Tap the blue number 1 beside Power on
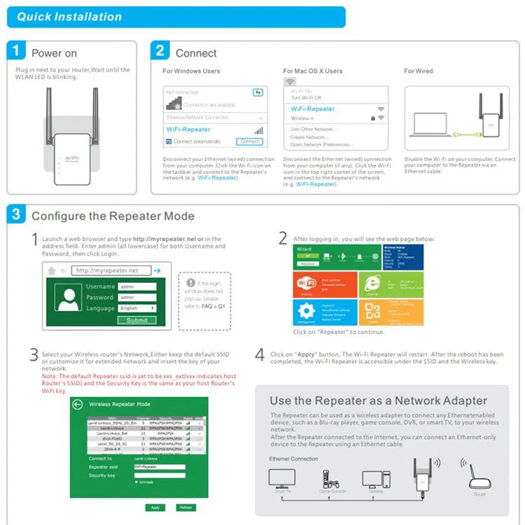point(19,52)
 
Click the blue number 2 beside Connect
point(161,50)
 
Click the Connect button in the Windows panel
point(250,141)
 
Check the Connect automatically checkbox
point(169,141)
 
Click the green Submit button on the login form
point(136,320)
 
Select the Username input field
point(136,286)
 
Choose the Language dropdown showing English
point(136,308)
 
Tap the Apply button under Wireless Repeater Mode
point(155,507)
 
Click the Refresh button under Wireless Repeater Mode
point(185,507)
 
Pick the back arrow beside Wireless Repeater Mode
point(78,405)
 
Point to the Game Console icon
point(328,479)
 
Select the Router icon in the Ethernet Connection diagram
point(479,479)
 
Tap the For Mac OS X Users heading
point(313,71)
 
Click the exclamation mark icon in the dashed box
point(190,282)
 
